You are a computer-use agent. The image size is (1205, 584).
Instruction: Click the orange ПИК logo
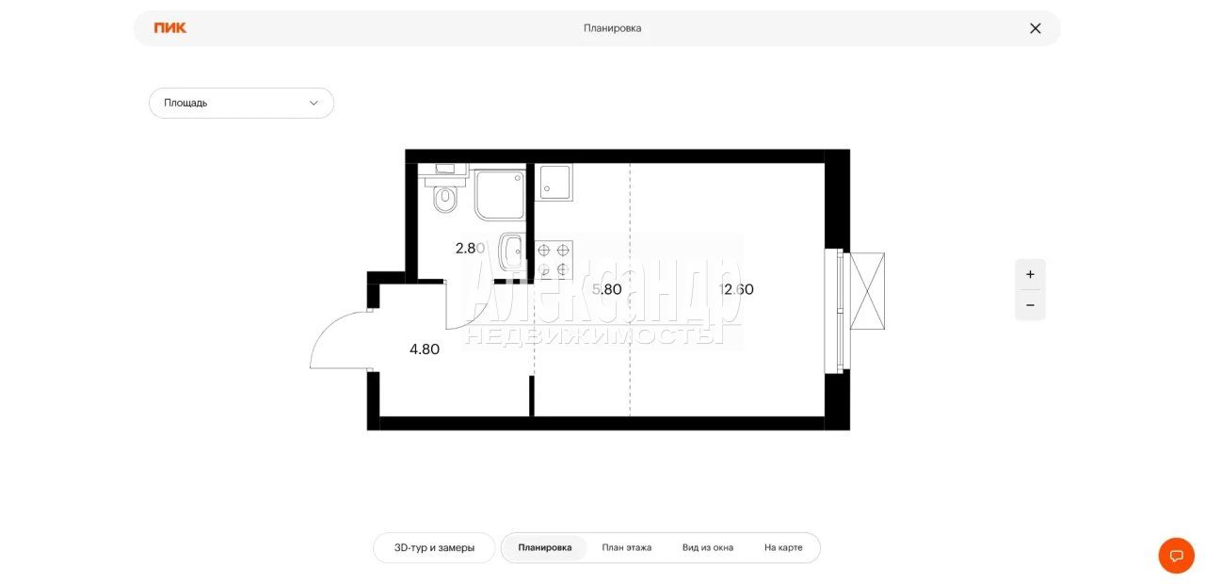[170, 28]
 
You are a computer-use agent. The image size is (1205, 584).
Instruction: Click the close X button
[1035, 28]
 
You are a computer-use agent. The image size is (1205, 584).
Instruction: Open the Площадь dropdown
[241, 103]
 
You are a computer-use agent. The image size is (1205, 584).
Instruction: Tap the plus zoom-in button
[1030, 274]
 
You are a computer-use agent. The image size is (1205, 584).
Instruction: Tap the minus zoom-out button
[1030, 305]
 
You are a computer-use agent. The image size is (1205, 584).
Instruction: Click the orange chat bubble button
[1177, 556]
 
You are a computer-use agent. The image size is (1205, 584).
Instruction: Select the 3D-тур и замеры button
[434, 548]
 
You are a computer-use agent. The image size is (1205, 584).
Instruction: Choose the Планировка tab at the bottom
[544, 548]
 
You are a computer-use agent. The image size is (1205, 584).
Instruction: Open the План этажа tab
[627, 548]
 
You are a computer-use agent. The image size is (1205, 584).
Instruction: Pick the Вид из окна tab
[707, 548]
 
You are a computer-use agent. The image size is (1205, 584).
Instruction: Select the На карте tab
[783, 548]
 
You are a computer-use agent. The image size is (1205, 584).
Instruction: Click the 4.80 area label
[425, 349]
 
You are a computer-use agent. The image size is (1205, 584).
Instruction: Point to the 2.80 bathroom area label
[470, 248]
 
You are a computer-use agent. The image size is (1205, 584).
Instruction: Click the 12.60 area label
[736, 289]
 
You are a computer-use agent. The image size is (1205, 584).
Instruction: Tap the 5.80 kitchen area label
[607, 289]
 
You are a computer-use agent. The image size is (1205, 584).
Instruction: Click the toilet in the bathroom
[445, 195]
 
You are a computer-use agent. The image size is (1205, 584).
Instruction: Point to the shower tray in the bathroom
[500, 194]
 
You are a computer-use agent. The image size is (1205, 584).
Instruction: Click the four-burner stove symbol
[554, 259]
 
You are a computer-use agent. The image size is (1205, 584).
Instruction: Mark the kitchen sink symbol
[554, 182]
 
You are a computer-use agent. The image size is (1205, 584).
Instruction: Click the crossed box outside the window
[867, 291]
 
